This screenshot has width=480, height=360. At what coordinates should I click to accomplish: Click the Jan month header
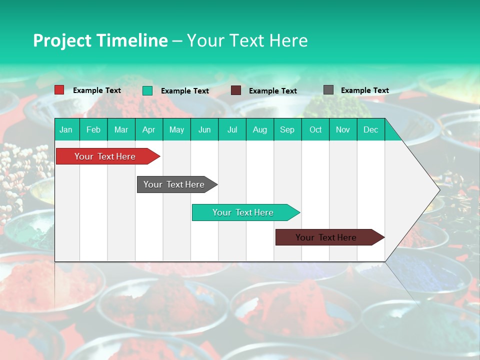point(66,129)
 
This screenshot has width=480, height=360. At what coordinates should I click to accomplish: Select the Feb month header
point(93,129)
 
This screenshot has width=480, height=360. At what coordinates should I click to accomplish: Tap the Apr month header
point(148,129)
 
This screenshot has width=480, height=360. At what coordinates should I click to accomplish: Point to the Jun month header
point(204,129)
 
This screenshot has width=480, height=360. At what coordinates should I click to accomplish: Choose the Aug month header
point(259,129)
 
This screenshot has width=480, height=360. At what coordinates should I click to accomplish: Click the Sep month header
point(287,129)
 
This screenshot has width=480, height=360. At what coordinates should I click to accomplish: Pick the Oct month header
point(315,129)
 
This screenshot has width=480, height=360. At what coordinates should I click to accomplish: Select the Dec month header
point(370,129)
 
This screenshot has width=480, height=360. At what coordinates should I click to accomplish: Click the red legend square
point(59,90)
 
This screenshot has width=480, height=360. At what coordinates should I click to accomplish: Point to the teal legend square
point(147,90)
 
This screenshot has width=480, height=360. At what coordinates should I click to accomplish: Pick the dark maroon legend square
point(236,90)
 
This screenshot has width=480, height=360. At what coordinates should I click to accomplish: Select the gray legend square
point(328,90)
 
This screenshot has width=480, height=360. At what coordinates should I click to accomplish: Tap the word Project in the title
point(62,40)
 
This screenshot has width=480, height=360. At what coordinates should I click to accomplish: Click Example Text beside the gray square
point(364,90)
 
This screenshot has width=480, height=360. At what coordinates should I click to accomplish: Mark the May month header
point(176,129)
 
